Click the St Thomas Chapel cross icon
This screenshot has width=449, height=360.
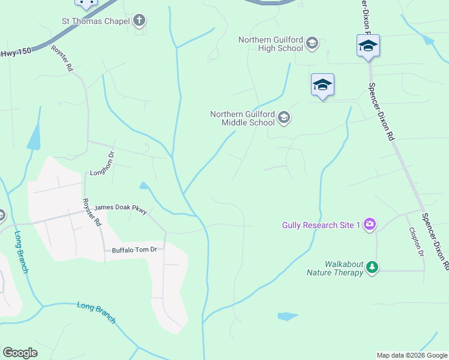139,21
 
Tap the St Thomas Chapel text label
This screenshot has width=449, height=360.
96,21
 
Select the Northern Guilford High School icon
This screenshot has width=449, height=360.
312,43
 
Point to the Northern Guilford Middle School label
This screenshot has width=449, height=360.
243,118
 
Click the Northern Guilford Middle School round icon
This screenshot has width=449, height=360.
285,118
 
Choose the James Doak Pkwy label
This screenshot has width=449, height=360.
120,208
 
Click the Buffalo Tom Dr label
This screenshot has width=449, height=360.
130,250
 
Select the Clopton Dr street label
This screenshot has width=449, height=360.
415,241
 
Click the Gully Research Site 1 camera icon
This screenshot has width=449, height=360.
370,224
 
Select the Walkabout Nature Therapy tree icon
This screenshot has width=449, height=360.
373,267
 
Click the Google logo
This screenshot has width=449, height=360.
20,353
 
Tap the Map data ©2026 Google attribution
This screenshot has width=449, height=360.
411,355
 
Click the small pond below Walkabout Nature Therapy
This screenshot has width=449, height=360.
288,316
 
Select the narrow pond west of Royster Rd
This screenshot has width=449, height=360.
34,137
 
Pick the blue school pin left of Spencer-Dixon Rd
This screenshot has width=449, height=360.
322,85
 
